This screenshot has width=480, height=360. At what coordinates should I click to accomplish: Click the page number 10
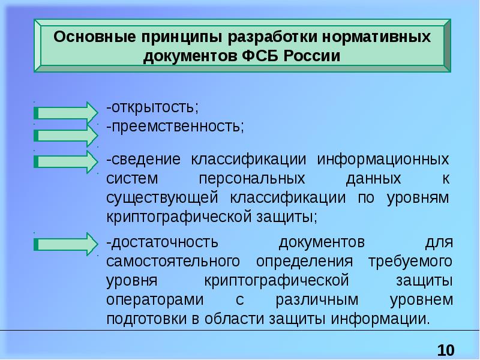(x=446, y=350)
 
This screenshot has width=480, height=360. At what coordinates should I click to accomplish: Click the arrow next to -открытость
(x=65, y=112)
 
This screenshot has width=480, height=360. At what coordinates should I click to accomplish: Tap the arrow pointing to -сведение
(x=65, y=161)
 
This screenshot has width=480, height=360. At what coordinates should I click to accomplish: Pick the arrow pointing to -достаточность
(x=65, y=244)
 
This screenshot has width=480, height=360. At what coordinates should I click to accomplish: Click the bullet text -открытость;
(x=152, y=108)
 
